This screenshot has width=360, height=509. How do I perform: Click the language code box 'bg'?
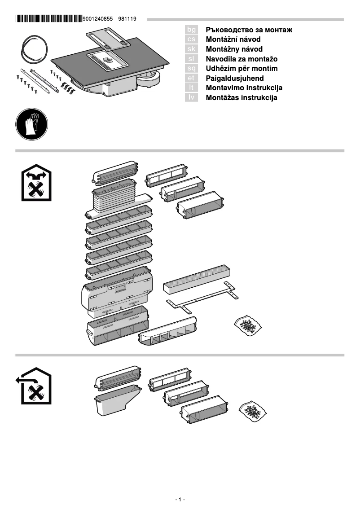click(191, 30)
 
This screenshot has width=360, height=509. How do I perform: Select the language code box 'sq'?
click(191, 68)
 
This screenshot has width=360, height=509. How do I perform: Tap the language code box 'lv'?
click(191, 97)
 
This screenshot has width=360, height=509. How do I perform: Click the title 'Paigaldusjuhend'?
click(234, 78)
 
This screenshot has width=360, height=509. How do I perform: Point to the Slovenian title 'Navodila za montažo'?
click(241, 59)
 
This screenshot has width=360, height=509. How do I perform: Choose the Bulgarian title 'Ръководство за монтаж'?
click(249, 30)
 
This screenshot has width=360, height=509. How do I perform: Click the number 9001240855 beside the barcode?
click(98, 19)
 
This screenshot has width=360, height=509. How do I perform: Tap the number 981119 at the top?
click(127, 19)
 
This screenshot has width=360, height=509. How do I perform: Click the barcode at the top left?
click(48, 19)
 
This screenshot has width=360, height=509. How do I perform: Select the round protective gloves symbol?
click(32, 124)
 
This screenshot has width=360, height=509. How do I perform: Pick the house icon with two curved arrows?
click(36, 184)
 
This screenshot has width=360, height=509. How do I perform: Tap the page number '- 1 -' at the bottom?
click(180, 500)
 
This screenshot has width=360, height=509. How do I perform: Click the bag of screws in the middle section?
click(248, 325)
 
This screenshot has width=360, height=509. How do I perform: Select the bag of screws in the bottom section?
click(253, 410)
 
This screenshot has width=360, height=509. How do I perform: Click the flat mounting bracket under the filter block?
click(202, 298)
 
